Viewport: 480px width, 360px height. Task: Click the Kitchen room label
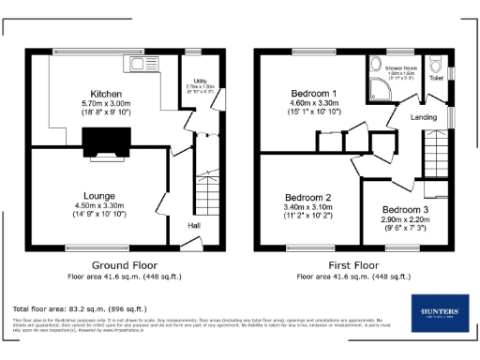[x=106, y=93]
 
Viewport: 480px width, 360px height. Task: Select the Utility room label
[x=200, y=82]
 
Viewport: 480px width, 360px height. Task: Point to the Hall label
[x=194, y=226]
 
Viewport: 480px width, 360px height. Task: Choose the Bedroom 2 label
[x=308, y=198]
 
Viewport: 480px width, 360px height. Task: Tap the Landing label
[x=425, y=117]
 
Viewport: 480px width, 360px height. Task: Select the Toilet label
[x=437, y=80]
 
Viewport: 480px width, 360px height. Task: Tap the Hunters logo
[x=438, y=314]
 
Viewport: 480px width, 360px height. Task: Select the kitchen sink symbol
[x=145, y=66]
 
